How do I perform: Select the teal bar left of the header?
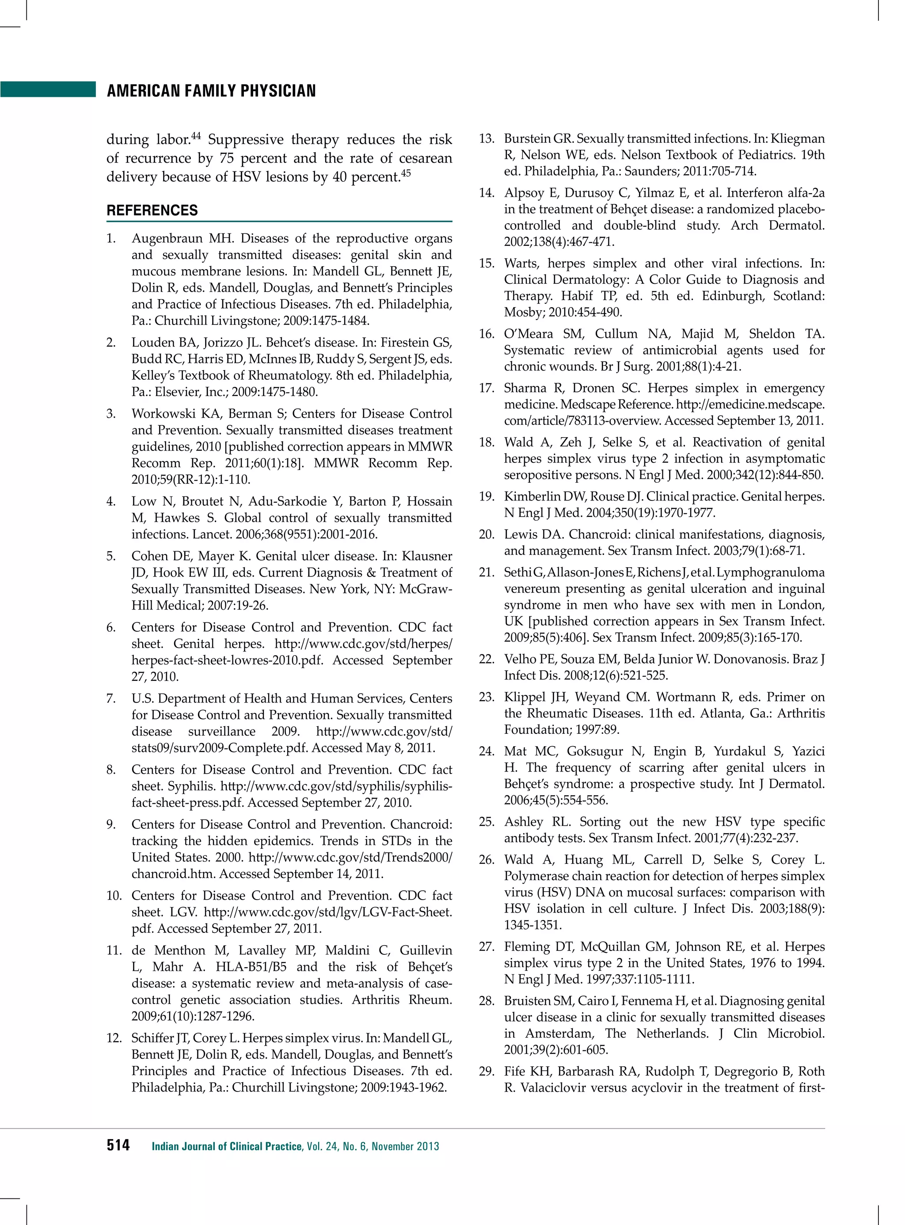(x=48, y=89)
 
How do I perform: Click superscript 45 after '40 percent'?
(x=406, y=174)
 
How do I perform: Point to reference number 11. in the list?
(x=114, y=951)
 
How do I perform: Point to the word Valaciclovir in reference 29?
(x=553, y=1088)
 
